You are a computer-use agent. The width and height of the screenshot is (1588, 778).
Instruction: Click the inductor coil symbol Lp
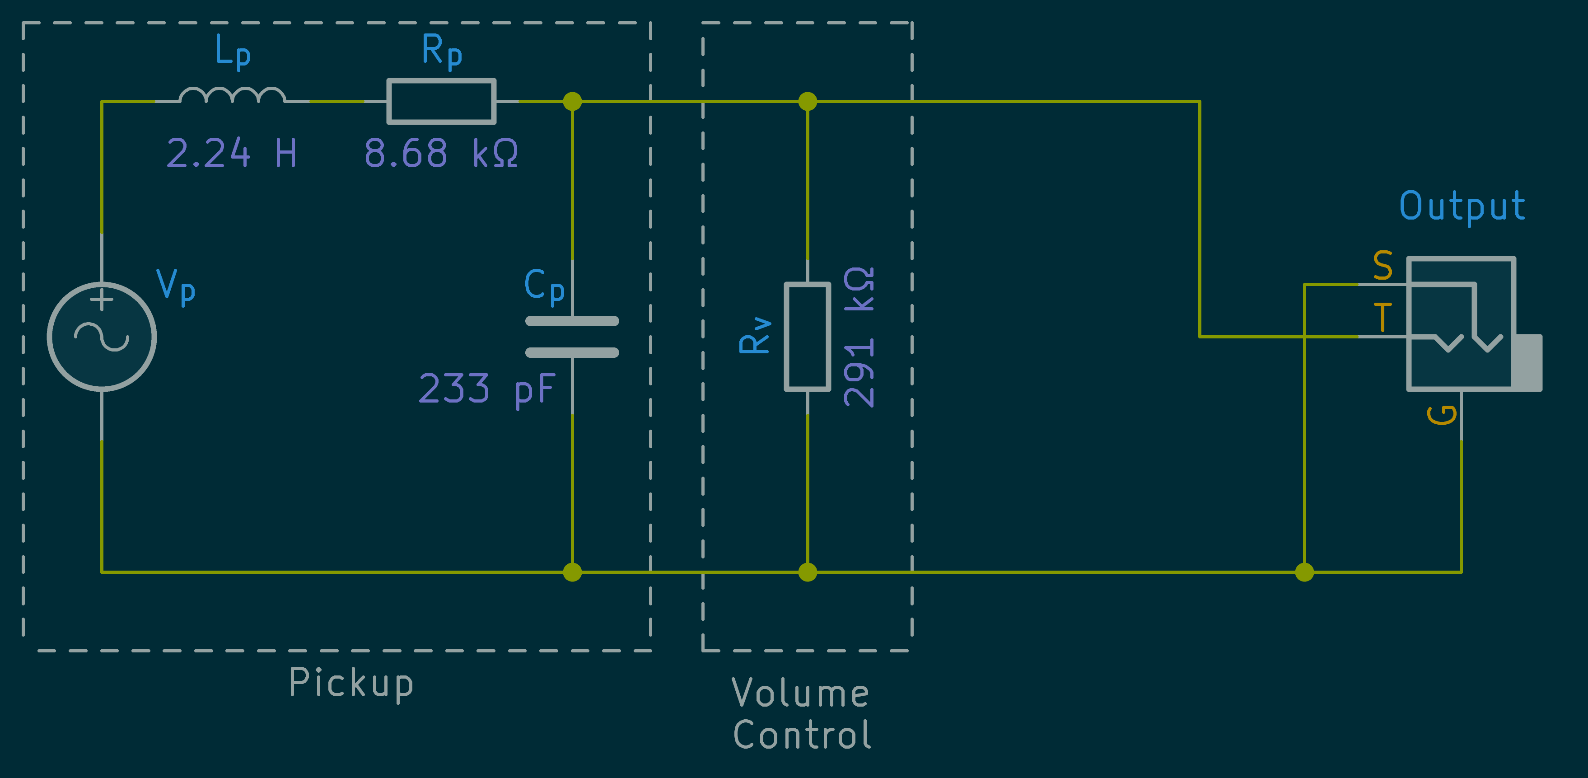[x=232, y=95]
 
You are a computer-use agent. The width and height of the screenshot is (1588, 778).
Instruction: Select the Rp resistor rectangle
[x=441, y=101]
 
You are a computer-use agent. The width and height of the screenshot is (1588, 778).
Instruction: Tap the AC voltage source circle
[x=102, y=337]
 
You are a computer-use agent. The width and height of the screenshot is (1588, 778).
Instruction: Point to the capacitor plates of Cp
[x=572, y=337]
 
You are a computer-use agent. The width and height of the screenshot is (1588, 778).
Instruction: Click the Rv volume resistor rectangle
[x=808, y=337]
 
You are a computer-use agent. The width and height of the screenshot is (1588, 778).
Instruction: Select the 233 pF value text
[x=487, y=389]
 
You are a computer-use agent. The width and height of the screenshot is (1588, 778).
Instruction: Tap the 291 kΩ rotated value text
[x=859, y=337]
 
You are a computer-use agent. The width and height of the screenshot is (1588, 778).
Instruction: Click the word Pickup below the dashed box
[x=351, y=683]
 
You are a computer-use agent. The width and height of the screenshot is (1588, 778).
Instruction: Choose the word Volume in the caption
[x=800, y=693]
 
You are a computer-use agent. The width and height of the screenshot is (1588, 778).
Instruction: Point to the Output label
[x=1462, y=206]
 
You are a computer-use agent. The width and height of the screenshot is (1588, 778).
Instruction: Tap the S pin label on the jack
[x=1382, y=266]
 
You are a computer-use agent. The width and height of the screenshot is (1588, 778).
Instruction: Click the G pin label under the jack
[x=1442, y=415]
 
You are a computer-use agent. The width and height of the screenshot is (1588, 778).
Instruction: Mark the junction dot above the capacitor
[x=572, y=101]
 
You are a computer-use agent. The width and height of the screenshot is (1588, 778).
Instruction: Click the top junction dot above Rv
[x=808, y=101]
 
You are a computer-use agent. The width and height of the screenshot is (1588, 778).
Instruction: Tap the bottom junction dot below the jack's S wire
[x=1304, y=572]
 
